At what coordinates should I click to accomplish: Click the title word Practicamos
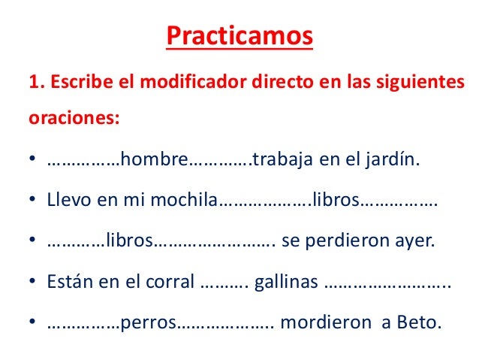click(x=239, y=36)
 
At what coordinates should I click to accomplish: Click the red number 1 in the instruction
click(x=32, y=81)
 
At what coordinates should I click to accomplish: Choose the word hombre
click(x=152, y=160)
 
